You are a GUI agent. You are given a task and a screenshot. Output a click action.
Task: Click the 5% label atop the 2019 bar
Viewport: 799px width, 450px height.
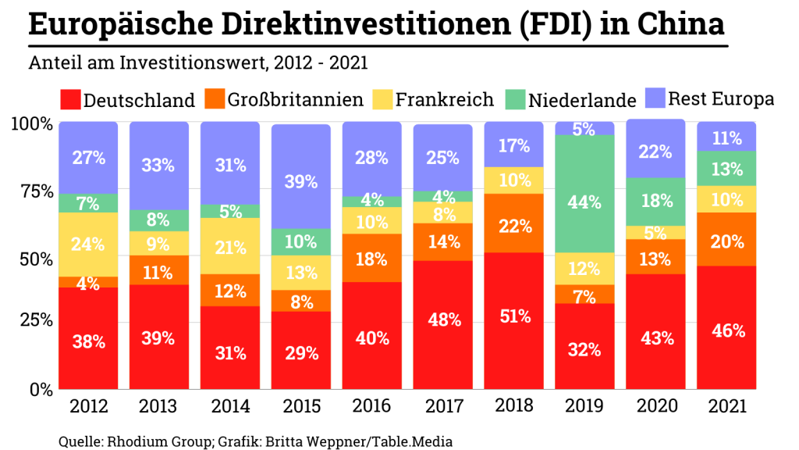[584, 129]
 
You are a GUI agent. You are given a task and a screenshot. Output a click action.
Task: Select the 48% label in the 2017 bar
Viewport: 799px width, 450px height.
[443, 320]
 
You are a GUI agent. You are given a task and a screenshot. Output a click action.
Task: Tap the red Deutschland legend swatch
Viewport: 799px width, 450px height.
[69, 100]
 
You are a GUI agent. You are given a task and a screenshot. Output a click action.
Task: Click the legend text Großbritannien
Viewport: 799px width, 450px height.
[296, 100]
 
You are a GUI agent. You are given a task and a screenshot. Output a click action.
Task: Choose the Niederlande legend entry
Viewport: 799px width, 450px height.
[582, 100]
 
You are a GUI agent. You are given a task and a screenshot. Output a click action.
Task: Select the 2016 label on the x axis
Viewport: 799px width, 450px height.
[372, 406]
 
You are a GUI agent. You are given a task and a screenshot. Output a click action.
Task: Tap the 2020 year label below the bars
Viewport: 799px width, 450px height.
[655, 406]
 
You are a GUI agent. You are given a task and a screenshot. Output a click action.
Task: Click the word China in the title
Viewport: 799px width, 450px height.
[680, 25]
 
